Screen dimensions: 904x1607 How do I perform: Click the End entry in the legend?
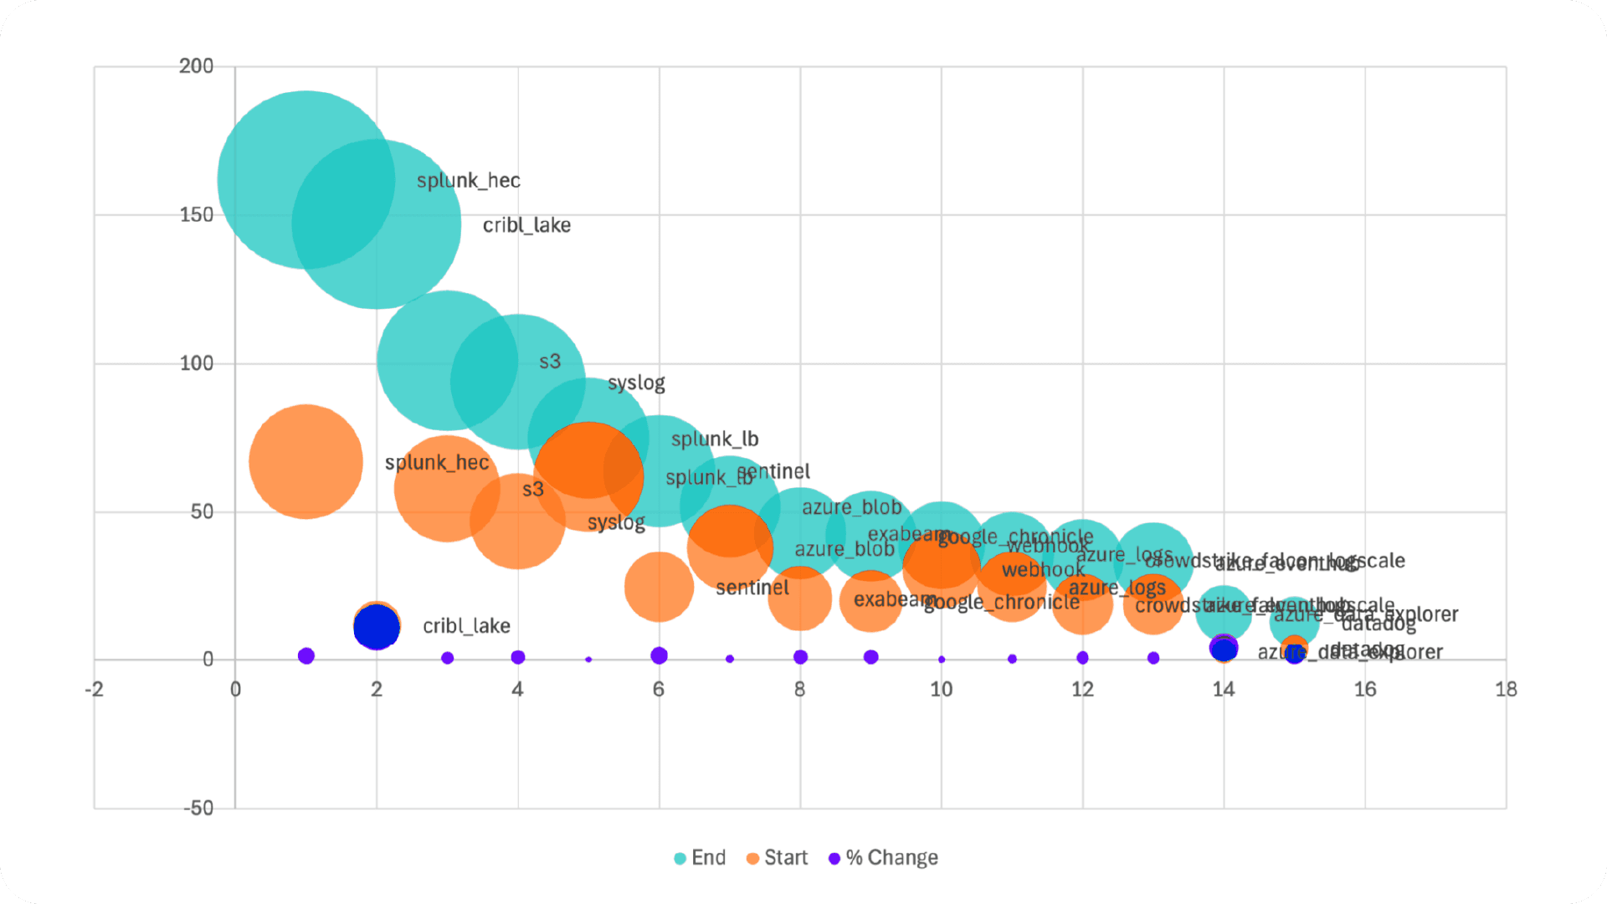click(x=701, y=858)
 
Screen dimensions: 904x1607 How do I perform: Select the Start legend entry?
click(x=777, y=858)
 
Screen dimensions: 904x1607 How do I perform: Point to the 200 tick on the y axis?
click(x=196, y=66)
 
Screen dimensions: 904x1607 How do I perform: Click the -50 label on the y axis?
click(x=198, y=809)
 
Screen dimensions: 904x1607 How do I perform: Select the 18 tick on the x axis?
click(x=1506, y=690)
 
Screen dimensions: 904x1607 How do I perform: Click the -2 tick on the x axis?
click(x=95, y=690)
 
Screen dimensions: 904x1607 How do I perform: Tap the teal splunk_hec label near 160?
click(x=468, y=181)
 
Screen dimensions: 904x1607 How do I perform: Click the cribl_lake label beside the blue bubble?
click(x=466, y=626)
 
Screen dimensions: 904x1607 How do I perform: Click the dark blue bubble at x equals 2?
click(x=377, y=627)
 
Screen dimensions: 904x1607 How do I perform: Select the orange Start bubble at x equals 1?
click(x=306, y=462)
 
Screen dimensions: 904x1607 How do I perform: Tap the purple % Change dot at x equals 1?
click(x=306, y=656)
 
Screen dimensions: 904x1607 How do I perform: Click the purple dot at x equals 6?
click(x=659, y=655)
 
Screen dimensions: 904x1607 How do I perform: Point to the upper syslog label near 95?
click(x=636, y=383)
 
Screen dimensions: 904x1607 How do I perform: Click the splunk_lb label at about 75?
click(x=715, y=439)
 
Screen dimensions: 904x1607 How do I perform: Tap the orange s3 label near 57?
click(x=533, y=490)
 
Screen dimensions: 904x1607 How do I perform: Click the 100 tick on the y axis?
click(x=196, y=363)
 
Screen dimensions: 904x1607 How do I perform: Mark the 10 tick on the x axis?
click(x=941, y=690)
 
